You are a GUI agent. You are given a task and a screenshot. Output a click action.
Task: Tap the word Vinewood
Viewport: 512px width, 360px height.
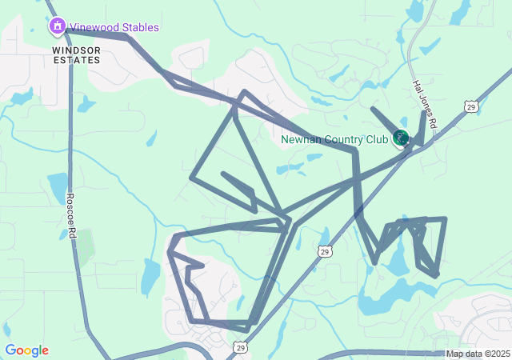(x=93, y=28)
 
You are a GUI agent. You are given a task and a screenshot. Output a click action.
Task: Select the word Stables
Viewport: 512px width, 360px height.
(x=138, y=28)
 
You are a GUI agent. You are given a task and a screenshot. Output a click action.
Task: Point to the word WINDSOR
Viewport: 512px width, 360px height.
(x=77, y=50)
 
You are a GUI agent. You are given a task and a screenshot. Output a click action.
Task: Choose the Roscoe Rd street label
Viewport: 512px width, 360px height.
(x=70, y=215)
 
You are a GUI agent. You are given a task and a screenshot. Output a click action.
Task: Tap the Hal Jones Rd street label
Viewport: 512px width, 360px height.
(x=423, y=104)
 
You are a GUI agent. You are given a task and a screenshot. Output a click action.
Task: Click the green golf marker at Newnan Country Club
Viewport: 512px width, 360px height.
(x=401, y=138)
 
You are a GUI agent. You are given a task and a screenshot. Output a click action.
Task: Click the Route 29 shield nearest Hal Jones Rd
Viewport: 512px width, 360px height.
(x=470, y=106)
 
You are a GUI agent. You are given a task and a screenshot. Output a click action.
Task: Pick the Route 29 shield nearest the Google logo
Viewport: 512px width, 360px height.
(x=240, y=347)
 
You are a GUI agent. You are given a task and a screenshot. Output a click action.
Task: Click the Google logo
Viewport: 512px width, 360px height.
(x=26, y=350)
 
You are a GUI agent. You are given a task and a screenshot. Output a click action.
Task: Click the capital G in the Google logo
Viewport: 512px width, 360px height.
(x=10, y=350)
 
